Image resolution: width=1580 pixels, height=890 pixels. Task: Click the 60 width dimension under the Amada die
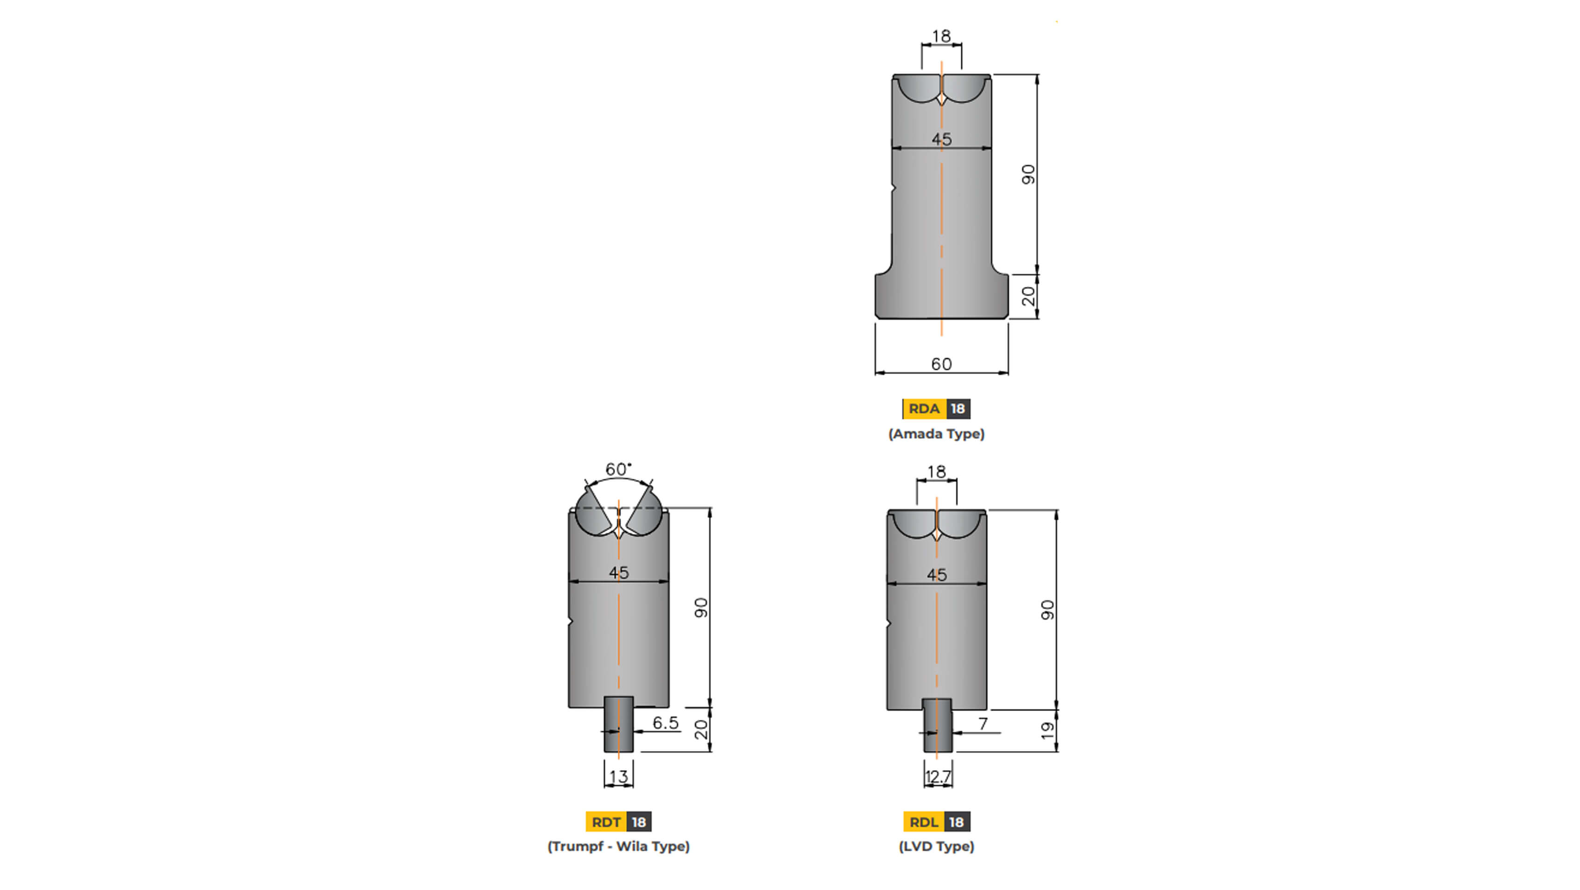coord(941,364)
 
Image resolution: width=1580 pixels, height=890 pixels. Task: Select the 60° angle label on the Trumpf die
coord(618,469)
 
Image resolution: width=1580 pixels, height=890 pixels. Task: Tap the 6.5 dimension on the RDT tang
coord(666,723)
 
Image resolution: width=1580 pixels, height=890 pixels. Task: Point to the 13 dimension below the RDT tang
coord(618,776)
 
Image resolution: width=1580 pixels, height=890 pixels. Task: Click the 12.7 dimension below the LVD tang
coord(938,776)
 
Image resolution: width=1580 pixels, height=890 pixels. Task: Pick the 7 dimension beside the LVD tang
coord(983,724)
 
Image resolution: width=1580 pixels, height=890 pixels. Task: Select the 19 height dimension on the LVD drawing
coord(1047,731)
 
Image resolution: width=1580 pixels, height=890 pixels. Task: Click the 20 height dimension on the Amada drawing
coord(1028,296)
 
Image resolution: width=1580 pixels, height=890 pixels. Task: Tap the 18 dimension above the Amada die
coord(941,36)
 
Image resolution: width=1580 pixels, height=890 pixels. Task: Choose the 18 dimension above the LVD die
coord(937,472)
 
